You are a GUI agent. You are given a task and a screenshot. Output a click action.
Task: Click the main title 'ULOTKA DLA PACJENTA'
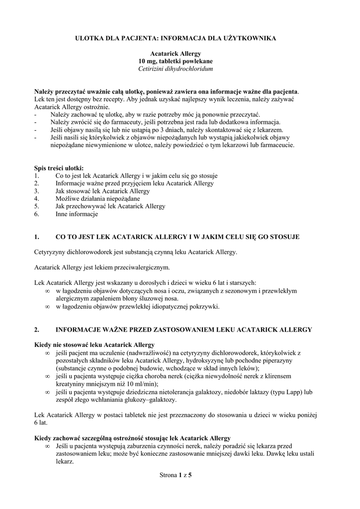180,37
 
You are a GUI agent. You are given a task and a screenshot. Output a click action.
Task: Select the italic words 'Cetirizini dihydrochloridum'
180,69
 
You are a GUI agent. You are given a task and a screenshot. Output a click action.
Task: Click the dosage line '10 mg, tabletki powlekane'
180,61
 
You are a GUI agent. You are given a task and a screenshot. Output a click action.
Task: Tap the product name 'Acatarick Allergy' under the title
180,53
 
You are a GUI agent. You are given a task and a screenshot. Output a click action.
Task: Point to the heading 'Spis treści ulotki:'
59,168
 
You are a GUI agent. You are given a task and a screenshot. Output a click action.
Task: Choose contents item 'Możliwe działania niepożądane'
90,198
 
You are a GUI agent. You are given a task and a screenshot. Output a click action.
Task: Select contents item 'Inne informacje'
77,214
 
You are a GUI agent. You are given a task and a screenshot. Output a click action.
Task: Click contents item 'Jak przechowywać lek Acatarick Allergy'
110,206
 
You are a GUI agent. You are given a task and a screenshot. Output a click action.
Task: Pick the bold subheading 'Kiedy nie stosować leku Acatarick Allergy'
94,344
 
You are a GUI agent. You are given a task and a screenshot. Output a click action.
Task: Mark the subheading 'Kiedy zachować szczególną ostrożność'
132,438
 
